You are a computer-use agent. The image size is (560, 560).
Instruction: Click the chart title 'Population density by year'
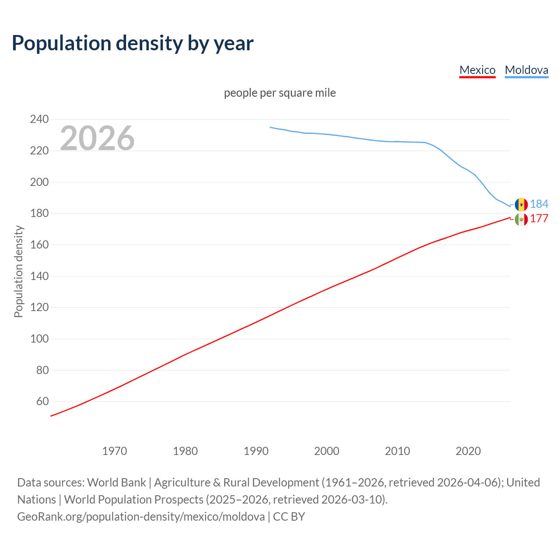(133, 43)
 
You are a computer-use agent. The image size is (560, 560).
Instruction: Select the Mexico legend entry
(477, 70)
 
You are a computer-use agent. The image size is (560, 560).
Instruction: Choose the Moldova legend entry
(526, 70)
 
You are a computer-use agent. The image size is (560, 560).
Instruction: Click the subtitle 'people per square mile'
(280, 93)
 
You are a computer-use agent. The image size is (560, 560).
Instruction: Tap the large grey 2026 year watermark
(97, 138)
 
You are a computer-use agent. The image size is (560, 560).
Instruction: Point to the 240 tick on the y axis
(39, 119)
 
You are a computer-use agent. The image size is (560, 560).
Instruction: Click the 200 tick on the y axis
(39, 182)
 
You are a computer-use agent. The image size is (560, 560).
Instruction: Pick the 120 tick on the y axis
(39, 307)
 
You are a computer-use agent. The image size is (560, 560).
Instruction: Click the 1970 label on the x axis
(115, 451)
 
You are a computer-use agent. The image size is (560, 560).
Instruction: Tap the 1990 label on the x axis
(256, 451)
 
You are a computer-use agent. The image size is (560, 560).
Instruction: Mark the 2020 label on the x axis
(468, 451)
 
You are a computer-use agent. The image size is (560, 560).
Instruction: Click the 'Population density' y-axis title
(18, 271)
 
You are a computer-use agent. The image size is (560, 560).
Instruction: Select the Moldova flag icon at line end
(521, 204)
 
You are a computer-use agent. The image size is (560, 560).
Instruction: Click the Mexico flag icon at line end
(521, 219)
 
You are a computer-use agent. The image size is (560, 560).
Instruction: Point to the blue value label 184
(539, 204)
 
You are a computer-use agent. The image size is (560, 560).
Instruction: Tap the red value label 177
(539, 219)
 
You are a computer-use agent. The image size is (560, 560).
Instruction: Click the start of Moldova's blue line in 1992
(270, 127)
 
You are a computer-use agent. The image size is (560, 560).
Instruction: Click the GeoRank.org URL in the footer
(141, 517)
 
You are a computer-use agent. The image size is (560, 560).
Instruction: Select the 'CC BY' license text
(289, 517)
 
